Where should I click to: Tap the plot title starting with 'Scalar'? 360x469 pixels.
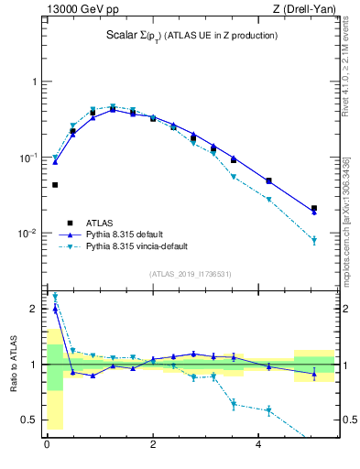[191, 36]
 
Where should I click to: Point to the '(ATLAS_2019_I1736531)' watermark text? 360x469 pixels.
[191, 274]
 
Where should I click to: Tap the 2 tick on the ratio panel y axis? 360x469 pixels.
[36, 309]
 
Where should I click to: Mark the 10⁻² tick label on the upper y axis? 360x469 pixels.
[27, 234]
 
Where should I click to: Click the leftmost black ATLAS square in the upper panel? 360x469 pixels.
[55, 185]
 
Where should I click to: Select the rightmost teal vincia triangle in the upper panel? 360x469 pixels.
[314, 241]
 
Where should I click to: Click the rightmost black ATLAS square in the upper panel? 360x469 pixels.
[314, 208]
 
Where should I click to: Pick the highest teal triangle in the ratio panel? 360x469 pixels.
[55, 297]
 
